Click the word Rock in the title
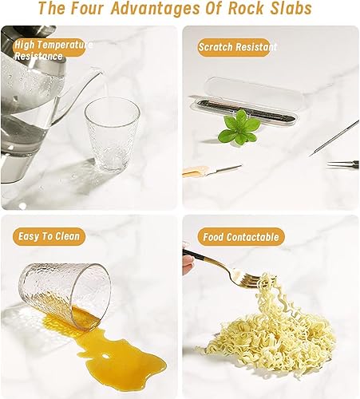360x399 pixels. click(246, 8)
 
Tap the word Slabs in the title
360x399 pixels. click(291, 8)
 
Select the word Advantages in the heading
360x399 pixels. click(156, 8)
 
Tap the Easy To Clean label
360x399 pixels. click(49, 236)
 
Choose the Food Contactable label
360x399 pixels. click(241, 237)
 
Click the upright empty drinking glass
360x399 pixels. click(113, 134)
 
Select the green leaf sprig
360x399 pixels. click(239, 128)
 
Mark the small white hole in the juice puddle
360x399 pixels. click(105, 356)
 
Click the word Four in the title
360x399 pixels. click(87, 8)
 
